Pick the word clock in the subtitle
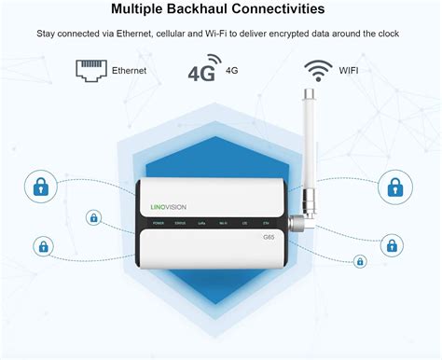pyautogui.click(x=387, y=34)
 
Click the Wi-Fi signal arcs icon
pyautogui.click(x=318, y=69)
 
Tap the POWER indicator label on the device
pyautogui.click(x=159, y=224)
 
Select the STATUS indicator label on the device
pyautogui.click(x=180, y=224)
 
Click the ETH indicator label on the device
pyautogui.click(x=266, y=224)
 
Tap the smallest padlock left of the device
pyautogui.click(x=93, y=218)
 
